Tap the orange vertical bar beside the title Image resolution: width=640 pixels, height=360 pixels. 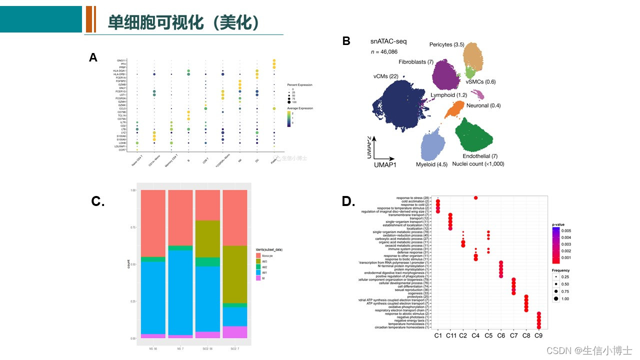[x=90, y=19]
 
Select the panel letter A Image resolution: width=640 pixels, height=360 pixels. [x=93, y=58]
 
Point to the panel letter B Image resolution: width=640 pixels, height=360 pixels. [x=346, y=41]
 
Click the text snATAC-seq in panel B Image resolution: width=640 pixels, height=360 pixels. [x=388, y=41]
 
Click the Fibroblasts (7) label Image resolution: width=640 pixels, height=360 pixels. [x=415, y=62]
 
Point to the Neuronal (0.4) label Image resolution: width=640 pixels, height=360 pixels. [x=483, y=105]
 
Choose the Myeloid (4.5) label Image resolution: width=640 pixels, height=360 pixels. [x=431, y=164]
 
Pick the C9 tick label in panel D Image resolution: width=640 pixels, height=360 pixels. [x=538, y=335]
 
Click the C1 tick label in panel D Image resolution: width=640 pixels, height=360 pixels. [x=438, y=335]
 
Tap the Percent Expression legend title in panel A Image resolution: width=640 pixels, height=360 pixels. [x=299, y=85]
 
